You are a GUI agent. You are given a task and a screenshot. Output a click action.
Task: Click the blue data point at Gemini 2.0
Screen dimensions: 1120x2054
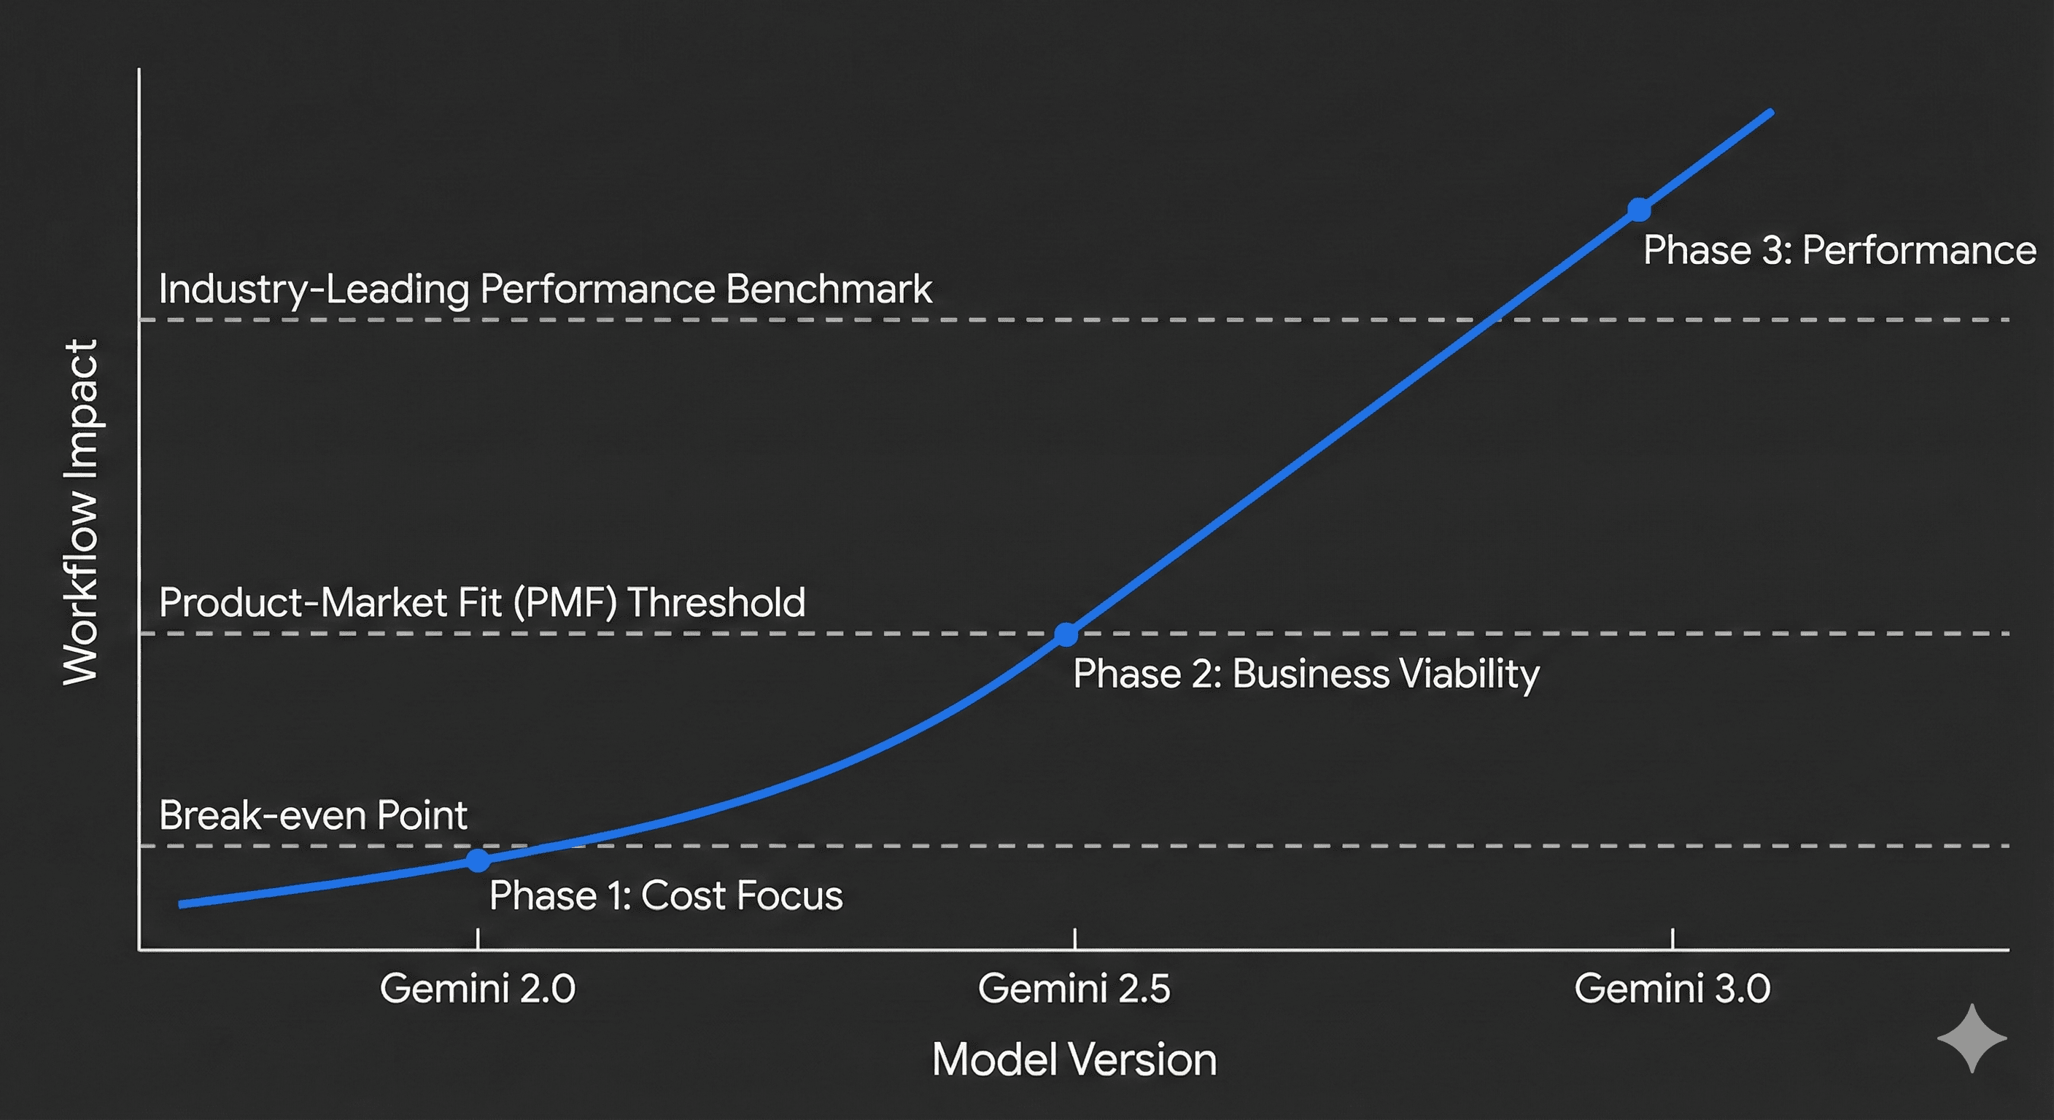[x=478, y=861]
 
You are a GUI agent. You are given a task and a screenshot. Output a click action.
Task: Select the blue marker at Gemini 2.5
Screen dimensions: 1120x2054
[x=1066, y=634]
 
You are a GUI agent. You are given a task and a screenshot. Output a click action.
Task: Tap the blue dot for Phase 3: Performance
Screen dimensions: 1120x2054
[x=1638, y=210]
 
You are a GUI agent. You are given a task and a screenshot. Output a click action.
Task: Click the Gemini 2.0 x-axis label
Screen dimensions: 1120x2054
[x=478, y=989]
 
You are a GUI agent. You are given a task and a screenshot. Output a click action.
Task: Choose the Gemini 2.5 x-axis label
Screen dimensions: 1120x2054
[x=1074, y=989]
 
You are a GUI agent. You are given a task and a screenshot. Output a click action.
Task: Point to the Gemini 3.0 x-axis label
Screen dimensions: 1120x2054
[x=1672, y=989]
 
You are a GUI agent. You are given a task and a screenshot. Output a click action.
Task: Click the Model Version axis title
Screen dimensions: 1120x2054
[x=1074, y=1059]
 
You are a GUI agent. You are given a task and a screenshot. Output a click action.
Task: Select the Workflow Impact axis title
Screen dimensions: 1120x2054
[x=82, y=512]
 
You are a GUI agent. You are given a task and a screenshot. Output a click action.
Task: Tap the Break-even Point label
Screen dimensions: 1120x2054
[x=313, y=814]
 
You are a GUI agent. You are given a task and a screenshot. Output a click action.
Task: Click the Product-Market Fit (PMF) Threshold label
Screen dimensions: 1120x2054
[x=481, y=602]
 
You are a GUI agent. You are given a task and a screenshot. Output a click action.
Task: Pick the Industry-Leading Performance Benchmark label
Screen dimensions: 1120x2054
[x=545, y=289]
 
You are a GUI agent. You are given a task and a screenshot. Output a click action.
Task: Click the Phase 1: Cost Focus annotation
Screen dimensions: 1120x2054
[x=666, y=895]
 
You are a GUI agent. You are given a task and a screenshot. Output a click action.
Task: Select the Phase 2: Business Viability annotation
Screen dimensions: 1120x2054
[x=1306, y=674]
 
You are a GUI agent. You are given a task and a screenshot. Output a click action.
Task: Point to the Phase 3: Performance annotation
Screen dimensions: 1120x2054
[x=1840, y=250]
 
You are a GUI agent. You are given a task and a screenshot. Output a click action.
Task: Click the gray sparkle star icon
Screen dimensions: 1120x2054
[x=1972, y=1038]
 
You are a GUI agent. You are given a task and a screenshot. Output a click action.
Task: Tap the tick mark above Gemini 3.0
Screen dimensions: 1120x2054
[x=1672, y=938]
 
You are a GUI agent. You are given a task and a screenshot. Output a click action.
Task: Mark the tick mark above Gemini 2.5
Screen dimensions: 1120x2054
[x=1075, y=938]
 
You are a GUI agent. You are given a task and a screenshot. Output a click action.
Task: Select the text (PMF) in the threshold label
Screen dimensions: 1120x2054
[x=565, y=602]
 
